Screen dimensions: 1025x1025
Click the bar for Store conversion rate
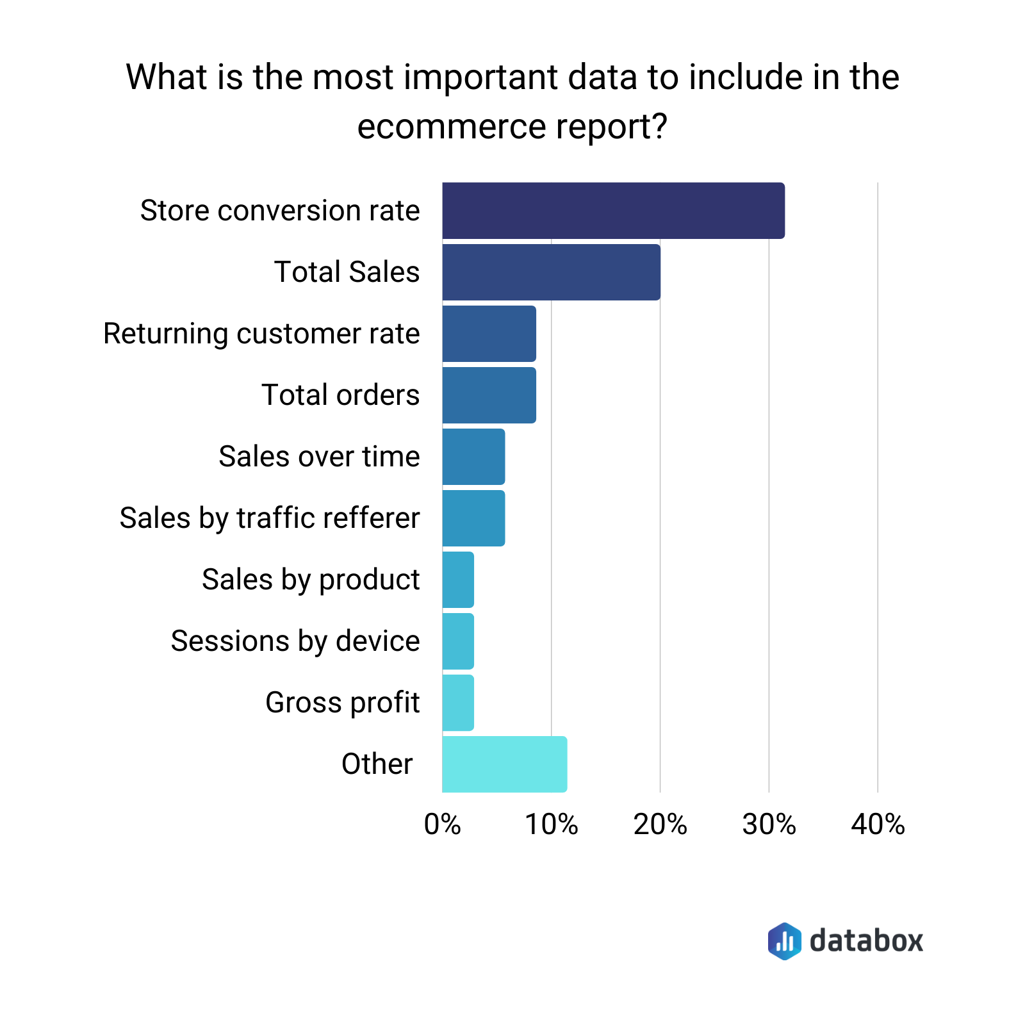click(x=613, y=211)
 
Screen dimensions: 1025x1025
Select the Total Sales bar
click(x=551, y=272)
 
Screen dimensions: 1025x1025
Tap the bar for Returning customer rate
click(x=489, y=334)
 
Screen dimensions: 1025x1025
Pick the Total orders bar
click(x=489, y=395)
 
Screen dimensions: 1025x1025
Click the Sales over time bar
click(x=473, y=457)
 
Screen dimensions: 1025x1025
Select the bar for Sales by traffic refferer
click(x=473, y=518)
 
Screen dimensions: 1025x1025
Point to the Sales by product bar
click(x=458, y=580)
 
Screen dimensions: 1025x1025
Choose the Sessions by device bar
click(x=458, y=641)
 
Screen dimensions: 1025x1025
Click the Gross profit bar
click(x=458, y=703)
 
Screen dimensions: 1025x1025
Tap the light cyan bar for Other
click(x=504, y=764)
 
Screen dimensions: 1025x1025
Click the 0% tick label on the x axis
click(x=442, y=825)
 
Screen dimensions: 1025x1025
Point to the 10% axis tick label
click(x=551, y=825)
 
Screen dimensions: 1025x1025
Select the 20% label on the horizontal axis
click(x=660, y=825)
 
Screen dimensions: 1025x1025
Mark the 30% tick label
click(x=769, y=825)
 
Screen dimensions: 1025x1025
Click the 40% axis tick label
click(x=878, y=825)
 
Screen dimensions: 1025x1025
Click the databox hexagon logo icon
click(x=784, y=941)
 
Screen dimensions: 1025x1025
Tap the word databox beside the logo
click(x=866, y=941)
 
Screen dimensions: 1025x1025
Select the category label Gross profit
click(x=342, y=703)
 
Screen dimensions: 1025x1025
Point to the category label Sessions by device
click(x=295, y=641)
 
